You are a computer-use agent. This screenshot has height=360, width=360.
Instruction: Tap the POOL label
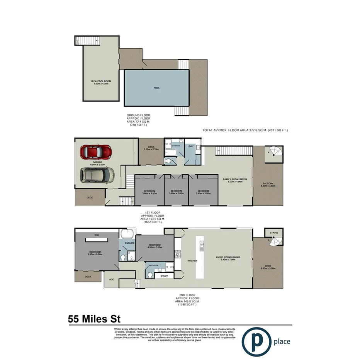(156, 88)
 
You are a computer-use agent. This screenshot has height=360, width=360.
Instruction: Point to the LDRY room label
(191, 146)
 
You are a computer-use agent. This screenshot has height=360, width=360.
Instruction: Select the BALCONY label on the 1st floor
(268, 184)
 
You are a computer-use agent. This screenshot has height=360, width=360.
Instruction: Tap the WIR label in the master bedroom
(97, 235)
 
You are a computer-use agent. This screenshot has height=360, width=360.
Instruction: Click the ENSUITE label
(129, 243)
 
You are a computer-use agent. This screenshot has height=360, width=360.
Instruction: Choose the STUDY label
(164, 276)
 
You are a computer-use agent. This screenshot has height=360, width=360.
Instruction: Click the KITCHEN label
(193, 261)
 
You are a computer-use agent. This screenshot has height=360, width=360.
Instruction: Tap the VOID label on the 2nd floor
(111, 280)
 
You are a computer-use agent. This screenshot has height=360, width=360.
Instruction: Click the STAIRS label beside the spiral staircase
(273, 233)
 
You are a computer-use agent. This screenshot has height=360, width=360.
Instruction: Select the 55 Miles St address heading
(94, 319)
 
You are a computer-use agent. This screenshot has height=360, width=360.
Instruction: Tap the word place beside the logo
(281, 341)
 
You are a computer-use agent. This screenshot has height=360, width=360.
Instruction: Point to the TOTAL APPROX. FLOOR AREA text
(245, 131)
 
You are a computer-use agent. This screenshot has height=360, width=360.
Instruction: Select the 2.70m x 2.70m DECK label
(151, 148)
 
